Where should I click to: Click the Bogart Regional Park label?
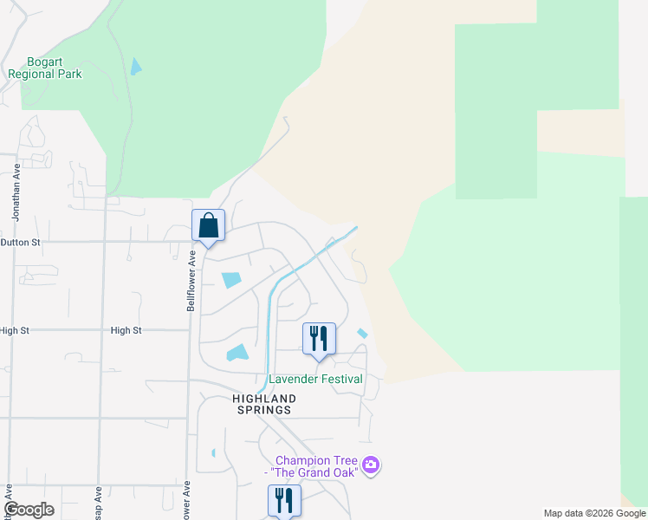point(45,68)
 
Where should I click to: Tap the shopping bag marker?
point(209,226)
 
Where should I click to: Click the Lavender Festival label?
point(315,379)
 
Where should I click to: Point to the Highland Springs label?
point(264,404)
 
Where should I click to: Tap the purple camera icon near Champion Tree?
point(371,465)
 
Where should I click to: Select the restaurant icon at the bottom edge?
point(284,501)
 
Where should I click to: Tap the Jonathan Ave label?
point(16,185)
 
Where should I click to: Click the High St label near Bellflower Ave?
point(126,330)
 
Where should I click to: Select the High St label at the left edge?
point(15,330)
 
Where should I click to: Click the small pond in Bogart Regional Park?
point(135,67)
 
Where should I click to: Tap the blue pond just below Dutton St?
point(231,280)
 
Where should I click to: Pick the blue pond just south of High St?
point(237,352)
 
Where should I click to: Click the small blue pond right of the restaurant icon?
point(362,334)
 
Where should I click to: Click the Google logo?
point(29,510)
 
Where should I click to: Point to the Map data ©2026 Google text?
point(593,513)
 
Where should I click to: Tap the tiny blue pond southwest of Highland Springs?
point(213,452)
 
